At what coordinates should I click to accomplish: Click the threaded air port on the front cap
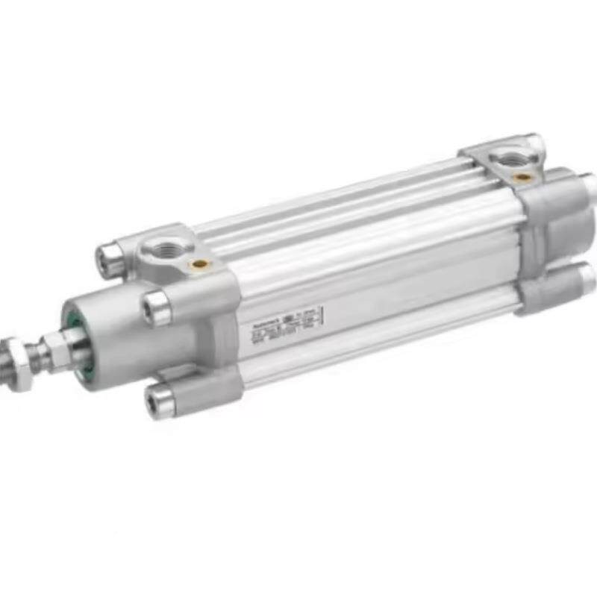(162, 246)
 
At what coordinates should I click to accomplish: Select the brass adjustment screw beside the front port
(199, 263)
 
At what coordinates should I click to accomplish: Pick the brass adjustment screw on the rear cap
(523, 177)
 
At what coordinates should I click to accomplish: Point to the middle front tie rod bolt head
(156, 307)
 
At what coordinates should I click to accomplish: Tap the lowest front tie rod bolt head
(160, 401)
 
